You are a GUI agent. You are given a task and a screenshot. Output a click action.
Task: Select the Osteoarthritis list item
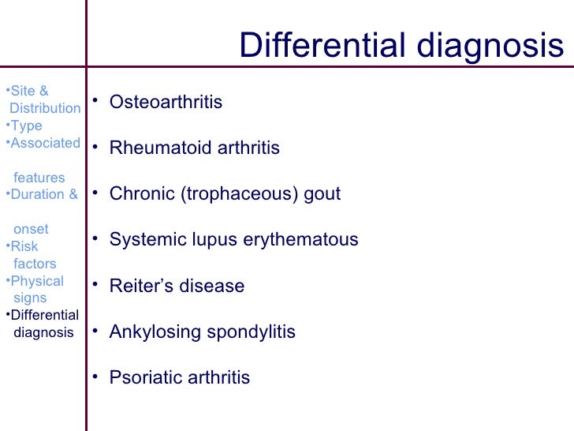[166, 103]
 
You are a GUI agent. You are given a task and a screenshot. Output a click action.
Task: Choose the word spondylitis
[251, 332]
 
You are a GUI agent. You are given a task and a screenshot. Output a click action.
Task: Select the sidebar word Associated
[45, 144]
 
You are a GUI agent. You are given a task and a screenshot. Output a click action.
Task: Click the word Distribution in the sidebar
[45, 108]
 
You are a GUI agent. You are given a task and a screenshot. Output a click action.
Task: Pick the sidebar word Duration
[39, 195]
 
